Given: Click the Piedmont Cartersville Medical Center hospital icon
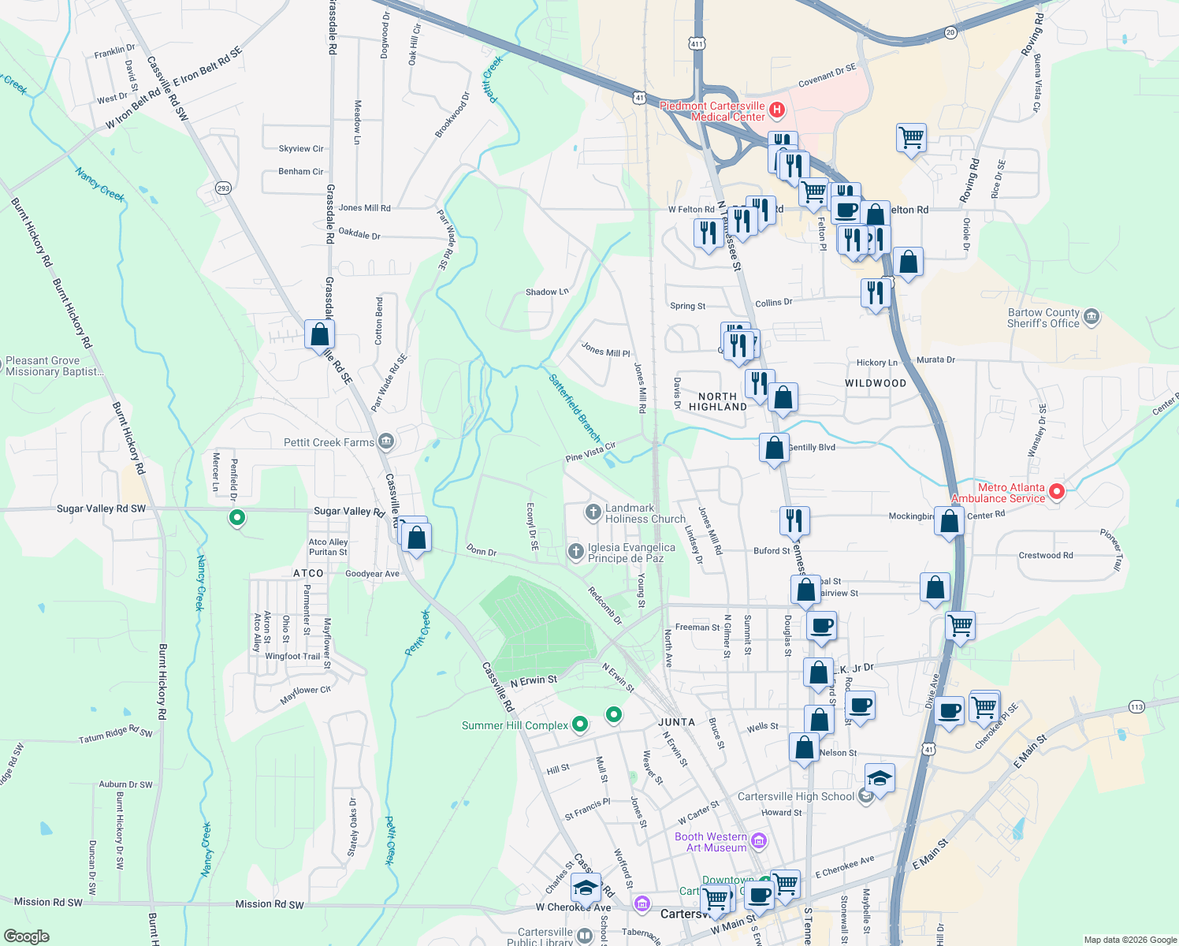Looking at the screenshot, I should [x=777, y=110].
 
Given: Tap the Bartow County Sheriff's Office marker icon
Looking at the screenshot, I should [x=1092, y=317].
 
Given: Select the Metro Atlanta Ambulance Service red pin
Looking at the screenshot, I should [x=1058, y=492].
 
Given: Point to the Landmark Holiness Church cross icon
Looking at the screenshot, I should [x=593, y=512].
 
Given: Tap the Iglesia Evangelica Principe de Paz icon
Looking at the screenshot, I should [x=576, y=551].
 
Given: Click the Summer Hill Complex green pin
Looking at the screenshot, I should [x=580, y=724].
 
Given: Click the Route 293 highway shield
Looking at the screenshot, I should [x=223, y=188].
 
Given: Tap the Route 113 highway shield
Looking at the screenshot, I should [x=1136, y=706].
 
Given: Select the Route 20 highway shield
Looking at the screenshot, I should [x=950, y=32].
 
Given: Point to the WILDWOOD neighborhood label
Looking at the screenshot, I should [x=876, y=383].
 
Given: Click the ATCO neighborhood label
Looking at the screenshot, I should [x=308, y=573].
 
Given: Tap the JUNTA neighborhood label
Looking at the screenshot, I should [x=676, y=722].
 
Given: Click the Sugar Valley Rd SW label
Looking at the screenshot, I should [x=101, y=508].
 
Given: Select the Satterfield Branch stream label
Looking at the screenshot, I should [x=575, y=408].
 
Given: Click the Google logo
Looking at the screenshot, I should [x=26, y=937].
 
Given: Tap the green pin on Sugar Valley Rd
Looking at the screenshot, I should [x=236, y=518].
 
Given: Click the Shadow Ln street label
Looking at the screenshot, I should [x=547, y=292].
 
